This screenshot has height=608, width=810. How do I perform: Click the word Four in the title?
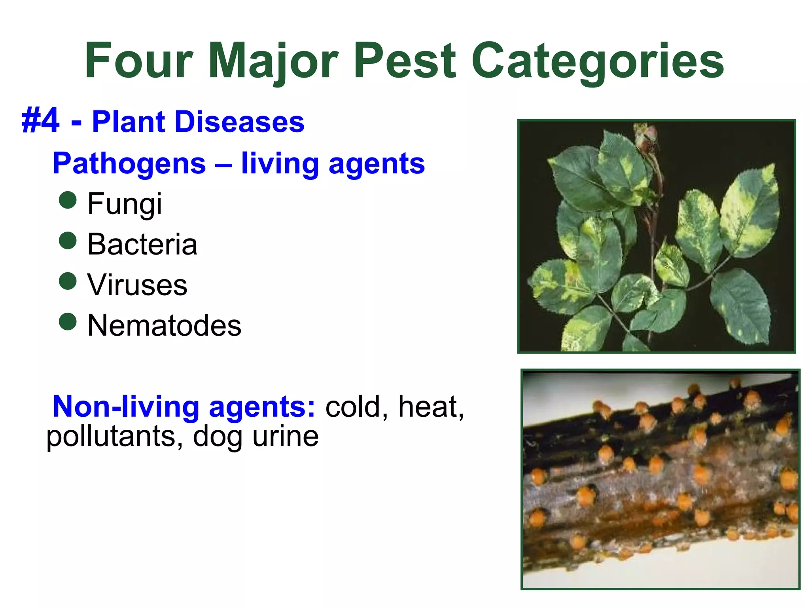pos(138,61)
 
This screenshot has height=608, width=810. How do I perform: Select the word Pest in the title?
pos(405,61)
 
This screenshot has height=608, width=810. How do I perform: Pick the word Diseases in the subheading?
pos(239,122)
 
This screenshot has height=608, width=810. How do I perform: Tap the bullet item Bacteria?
pos(142,244)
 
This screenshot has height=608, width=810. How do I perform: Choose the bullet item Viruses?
pos(137,285)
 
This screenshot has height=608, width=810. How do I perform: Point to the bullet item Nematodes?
pos(164,325)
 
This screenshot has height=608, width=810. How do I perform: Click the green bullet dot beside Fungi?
pos(68,200)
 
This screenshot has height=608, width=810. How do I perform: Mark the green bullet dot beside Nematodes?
pos(68,321)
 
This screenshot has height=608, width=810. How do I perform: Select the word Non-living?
pos(126,407)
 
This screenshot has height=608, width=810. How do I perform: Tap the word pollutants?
pos(111,437)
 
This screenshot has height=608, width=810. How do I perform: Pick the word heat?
pos(430,407)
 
